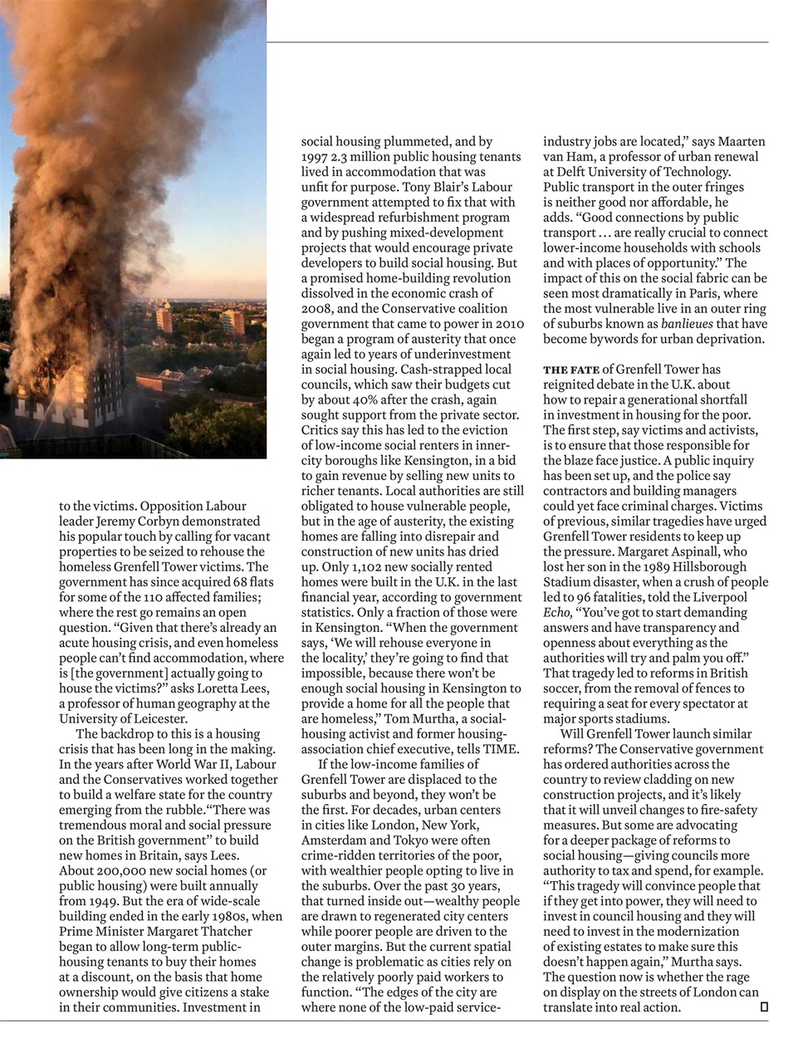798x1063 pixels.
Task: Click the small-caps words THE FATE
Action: pyautogui.click(x=571, y=370)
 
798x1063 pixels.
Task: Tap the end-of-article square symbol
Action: pyautogui.click(x=764, y=1007)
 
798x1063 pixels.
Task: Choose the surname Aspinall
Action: pyautogui.click(x=669, y=551)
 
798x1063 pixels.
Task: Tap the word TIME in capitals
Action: pyautogui.click(x=501, y=749)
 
